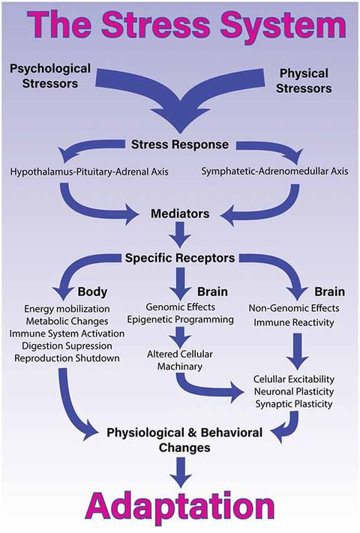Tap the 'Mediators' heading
[x=180, y=214]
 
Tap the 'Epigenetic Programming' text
[x=180, y=320]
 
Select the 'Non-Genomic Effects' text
[x=293, y=307]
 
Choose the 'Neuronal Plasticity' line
[x=293, y=391]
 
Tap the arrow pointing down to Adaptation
[x=180, y=469]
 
